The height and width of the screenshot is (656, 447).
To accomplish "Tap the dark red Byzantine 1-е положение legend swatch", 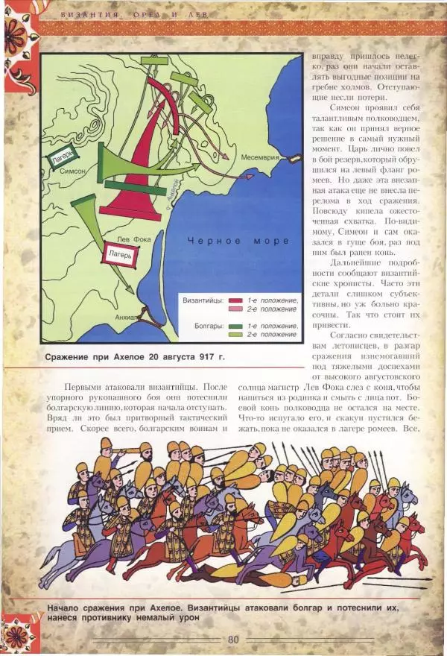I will click(x=236, y=300).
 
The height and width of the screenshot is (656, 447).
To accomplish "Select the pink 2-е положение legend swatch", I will click(x=236, y=308).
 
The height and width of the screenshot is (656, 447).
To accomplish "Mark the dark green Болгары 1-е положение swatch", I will click(x=236, y=326).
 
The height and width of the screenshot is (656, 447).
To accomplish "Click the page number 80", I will click(x=233, y=639).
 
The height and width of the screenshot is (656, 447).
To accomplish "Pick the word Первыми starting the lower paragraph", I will click(x=85, y=388).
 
